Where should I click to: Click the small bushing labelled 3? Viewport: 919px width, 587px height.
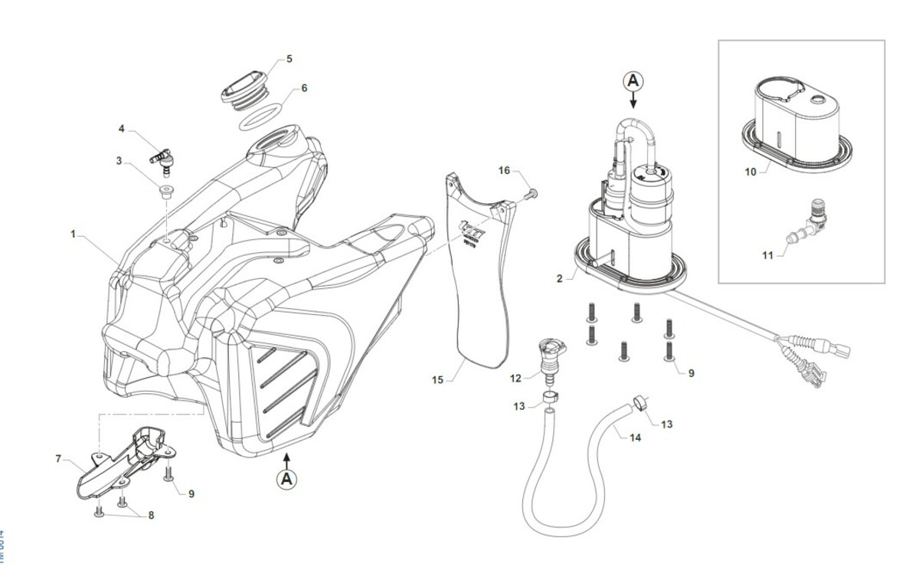pyautogui.click(x=165, y=189)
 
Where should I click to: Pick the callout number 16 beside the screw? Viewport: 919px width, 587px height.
pyautogui.click(x=504, y=169)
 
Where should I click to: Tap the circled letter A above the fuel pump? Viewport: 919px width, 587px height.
pyautogui.click(x=633, y=80)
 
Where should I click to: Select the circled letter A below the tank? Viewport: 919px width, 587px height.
pyautogui.click(x=286, y=479)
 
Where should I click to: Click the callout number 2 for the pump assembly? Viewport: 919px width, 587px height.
pyautogui.click(x=560, y=278)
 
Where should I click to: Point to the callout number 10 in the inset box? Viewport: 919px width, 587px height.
pyautogui.click(x=751, y=172)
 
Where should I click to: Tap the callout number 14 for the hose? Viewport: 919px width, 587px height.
pyautogui.click(x=635, y=438)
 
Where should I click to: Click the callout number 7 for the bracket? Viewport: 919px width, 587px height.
pyautogui.click(x=58, y=459)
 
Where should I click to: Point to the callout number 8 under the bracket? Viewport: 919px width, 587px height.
pyautogui.click(x=151, y=516)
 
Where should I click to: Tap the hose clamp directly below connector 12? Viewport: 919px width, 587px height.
pyautogui.click(x=548, y=397)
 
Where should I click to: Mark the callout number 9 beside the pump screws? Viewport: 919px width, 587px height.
pyautogui.click(x=692, y=373)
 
